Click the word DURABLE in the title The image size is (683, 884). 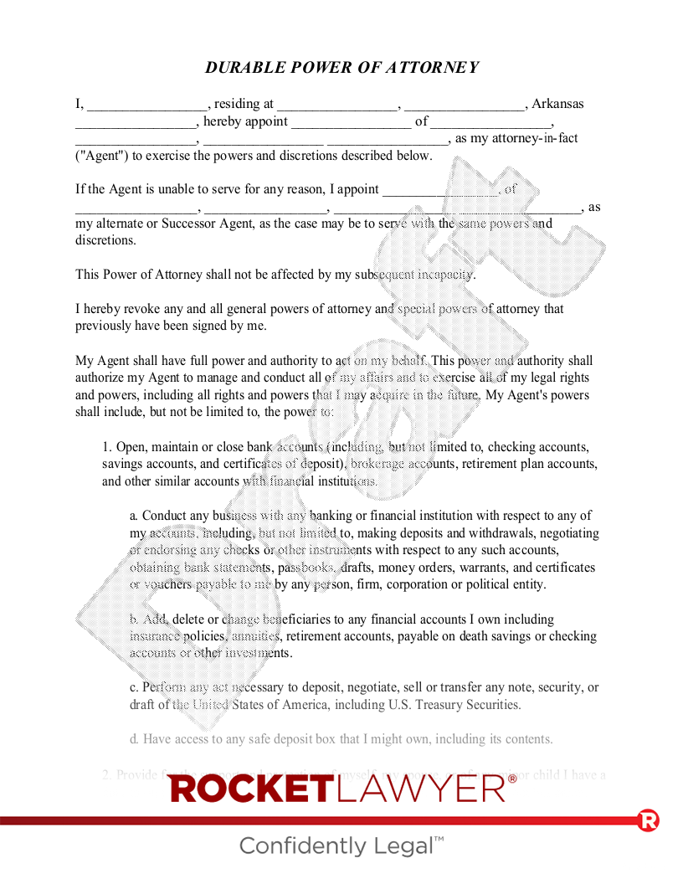pyautogui.click(x=242, y=68)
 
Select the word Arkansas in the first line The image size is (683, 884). pyautogui.click(x=557, y=105)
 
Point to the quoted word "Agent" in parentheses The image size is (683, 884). pyautogui.click(x=102, y=156)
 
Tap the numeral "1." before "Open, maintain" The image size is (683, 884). pyautogui.click(x=107, y=447)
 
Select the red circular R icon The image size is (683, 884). pyautogui.click(x=648, y=820)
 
